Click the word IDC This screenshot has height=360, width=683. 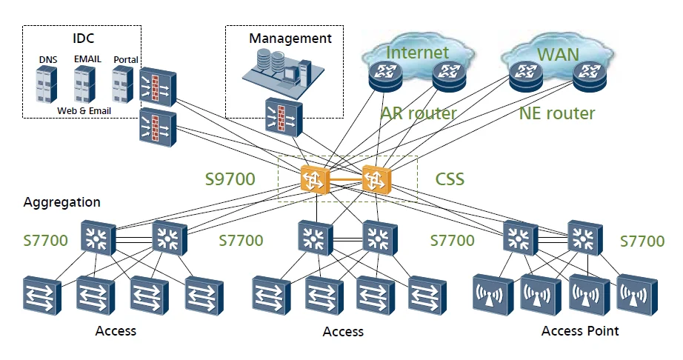click(x=83, y=39)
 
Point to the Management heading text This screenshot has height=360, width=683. click(x=290, y=38)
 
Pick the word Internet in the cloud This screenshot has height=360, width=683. click(x=418, y=52)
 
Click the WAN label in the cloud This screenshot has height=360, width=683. click(x=558, y=54)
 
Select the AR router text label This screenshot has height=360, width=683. click(x=419, y=113)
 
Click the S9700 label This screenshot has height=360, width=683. click(x=230, y=179)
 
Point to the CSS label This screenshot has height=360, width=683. click(x=450, y=180)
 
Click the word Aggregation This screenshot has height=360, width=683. click(x=61, y=202)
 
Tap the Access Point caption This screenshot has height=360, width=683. click(x=580, y=330)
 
